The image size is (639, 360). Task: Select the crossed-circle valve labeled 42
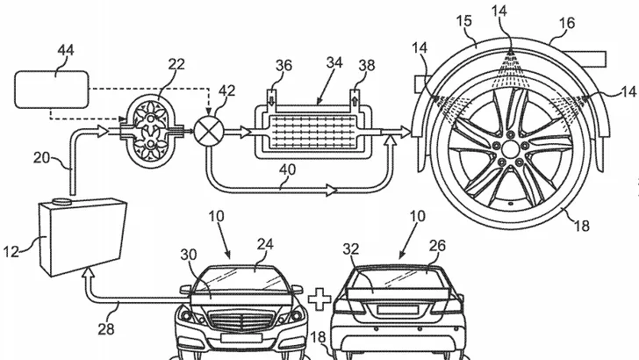tap(208, 132)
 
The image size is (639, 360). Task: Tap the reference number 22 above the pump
tap(176, 64)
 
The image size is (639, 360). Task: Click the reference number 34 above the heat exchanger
tap(334, 63)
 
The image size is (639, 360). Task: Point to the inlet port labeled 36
tap(271, 97)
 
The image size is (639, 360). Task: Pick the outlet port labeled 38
tap(355, 97)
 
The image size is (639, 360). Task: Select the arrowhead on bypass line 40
tap(331, 191)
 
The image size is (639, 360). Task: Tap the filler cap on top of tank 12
tap(62, 201)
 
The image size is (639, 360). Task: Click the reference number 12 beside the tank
tap(11, 251)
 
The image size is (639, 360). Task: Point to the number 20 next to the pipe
tap(41, 158)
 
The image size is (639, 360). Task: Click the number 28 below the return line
tap(106, 328)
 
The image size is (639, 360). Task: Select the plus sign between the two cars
tap(319, 299)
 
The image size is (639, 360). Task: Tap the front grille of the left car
tap(241, 320)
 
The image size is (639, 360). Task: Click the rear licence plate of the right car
tap(398, 310)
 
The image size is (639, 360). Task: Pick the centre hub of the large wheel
tap(509, 148)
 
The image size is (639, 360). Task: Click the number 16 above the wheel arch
tap(567, 23)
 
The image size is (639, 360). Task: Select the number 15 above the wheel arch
tap(464, 21)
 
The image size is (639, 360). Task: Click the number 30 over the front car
tap(189, 255)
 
